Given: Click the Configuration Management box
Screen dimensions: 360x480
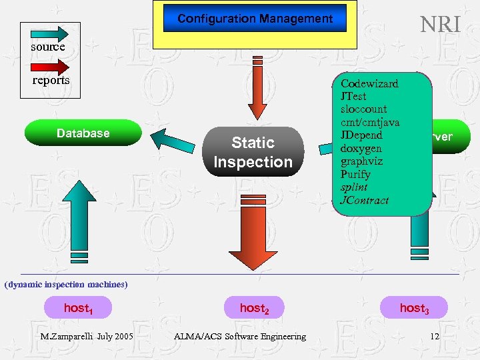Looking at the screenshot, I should pyautogui.click(x=255, y=19).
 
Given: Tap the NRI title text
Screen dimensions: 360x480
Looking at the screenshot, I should pyautogui.click(x=440, y=25).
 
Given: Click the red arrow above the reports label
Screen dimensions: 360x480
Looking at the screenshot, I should pyautogui.click(x=50, y=66).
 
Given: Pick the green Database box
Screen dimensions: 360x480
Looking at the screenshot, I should pyautogui.click(x=83, y=133).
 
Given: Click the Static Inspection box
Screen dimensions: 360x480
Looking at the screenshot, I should pyautogui.click(x=253, y=152).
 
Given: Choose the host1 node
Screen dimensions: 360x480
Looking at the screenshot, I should pyautogui.click(x=77, y=308).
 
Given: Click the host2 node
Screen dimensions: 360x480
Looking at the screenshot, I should pyautogui.click(x=254, y=308).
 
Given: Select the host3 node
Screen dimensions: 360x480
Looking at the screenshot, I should pyautogui.click(x=414, y=308).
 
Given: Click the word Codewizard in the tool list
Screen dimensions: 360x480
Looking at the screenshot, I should pyautogui.click(x=369, y=84).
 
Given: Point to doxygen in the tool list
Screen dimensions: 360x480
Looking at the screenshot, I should pyautogui.click(x=361, y=148).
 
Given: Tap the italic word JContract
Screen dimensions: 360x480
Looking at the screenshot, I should pyautogui.click(x=364, y=199).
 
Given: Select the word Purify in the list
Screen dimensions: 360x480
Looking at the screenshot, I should pyautogui.click(x=355, y=174).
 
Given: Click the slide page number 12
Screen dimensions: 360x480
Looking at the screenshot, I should pyautogui.click(x=435, y=337).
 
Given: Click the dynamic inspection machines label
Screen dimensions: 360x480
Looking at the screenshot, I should pyautogui.click(x=65, y=285).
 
